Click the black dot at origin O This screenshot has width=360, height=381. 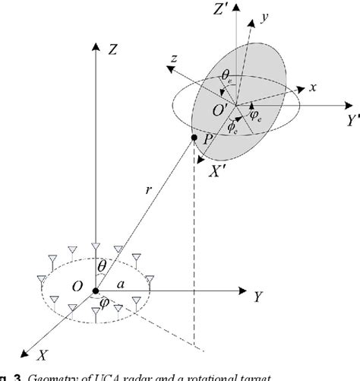[95, 291]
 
